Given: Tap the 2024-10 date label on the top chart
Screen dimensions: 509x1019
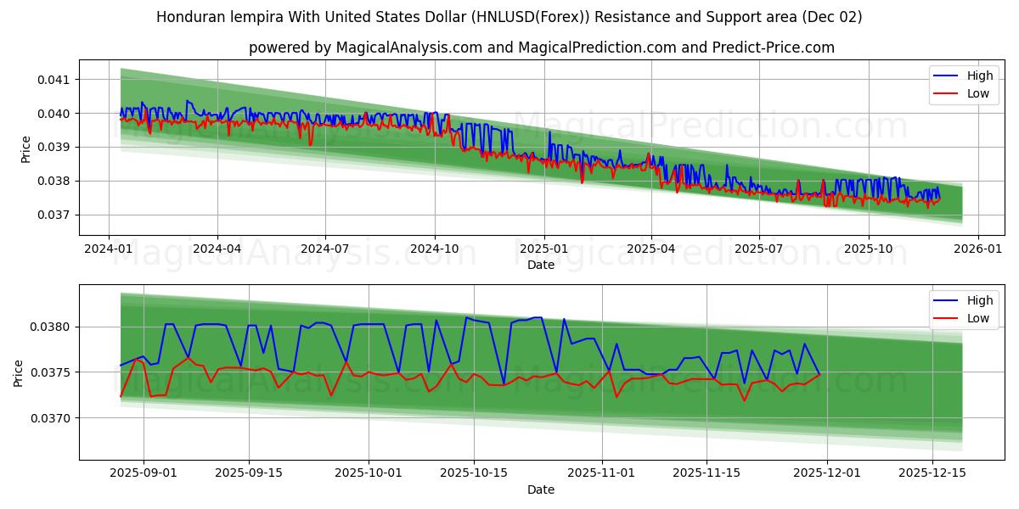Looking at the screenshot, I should (x=435, y=249).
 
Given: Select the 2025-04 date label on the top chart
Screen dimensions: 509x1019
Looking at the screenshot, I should (x=651, y=249).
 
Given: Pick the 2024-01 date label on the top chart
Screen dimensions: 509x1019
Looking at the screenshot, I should (x=109, y=249).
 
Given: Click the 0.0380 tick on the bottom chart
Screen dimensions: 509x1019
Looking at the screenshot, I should (x=51, y=327).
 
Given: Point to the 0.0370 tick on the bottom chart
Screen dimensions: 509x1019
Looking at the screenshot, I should (x=51, y=418).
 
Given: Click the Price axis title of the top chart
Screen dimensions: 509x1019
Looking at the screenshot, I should (x=26, y=148).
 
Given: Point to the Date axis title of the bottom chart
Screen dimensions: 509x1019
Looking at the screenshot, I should (x=541, y=489).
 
